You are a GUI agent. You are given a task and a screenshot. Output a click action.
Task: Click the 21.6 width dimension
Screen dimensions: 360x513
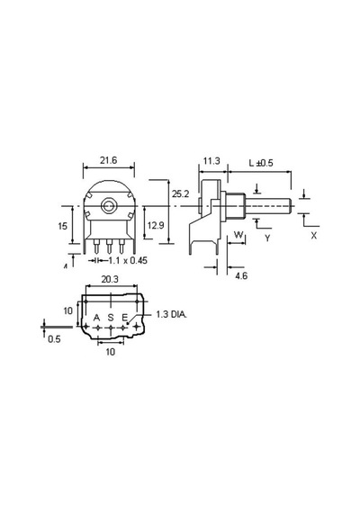click(x=108, y=160)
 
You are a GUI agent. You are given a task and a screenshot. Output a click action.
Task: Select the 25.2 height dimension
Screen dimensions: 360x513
click(x=181, y=194)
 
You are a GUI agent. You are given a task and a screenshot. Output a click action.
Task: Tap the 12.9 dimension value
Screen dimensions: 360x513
click(x=156, y=225)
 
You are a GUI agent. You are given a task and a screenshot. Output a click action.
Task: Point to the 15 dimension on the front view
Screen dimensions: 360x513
click(x=63, y=226)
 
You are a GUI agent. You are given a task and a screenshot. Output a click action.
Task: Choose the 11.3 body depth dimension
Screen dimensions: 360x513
click(x=211, y=161)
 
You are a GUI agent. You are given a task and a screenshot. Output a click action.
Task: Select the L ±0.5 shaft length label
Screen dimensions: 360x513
click(x=261, y=163)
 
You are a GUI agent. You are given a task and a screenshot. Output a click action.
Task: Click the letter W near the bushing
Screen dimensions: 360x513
click(x=238, y=234)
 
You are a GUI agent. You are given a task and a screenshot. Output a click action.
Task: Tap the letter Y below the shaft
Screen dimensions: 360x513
click(x=267, y=238)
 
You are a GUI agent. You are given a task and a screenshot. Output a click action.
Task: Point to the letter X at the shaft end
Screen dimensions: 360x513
click(x=313, y=235)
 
